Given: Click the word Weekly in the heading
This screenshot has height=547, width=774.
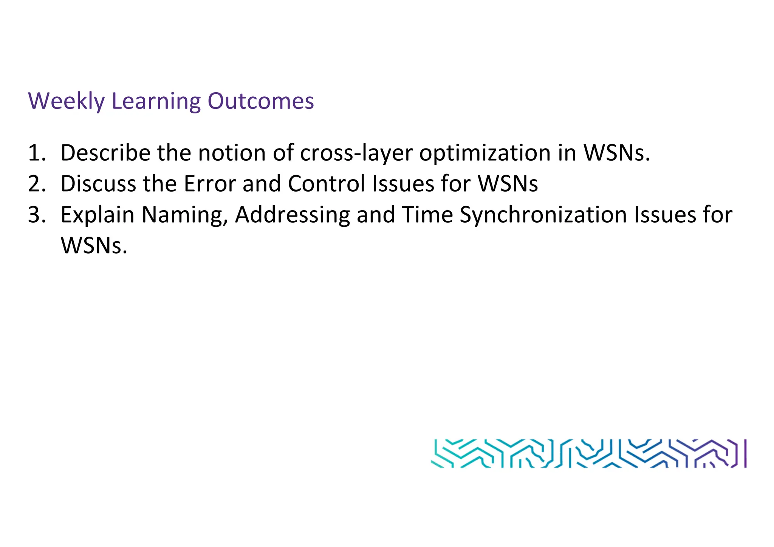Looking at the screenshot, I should coord(66,101).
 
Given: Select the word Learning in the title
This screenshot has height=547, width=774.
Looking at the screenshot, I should coord(156,101).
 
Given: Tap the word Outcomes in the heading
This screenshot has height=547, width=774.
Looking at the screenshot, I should coord(261,101).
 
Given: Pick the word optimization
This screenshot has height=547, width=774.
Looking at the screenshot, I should coord(485,153).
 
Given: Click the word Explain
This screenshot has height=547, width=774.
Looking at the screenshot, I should coord(98,215).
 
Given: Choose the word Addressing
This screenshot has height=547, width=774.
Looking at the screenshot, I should coord(293,215).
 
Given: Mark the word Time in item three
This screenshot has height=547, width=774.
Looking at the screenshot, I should coord(427,215).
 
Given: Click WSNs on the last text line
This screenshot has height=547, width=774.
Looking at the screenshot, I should coord(94,246).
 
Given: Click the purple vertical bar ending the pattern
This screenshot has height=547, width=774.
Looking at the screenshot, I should coord(745,453).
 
